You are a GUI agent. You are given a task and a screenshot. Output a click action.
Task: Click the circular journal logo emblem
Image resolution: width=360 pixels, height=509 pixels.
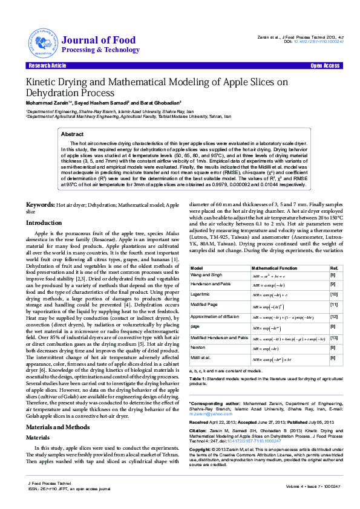(x=39, y=42)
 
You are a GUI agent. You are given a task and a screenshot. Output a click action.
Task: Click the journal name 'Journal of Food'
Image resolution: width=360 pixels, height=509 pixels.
(x=99, y=40)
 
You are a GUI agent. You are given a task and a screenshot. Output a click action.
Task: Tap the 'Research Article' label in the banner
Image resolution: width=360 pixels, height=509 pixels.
(x=47, y=65)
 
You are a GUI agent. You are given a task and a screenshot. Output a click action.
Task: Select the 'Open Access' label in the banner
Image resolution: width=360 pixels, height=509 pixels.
(x=325, y=65)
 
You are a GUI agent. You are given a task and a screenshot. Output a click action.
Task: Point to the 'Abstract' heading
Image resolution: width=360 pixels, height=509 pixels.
(x=73, y=134)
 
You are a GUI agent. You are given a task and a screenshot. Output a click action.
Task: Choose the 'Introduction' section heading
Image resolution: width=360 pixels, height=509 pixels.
(x=43, y=223)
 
